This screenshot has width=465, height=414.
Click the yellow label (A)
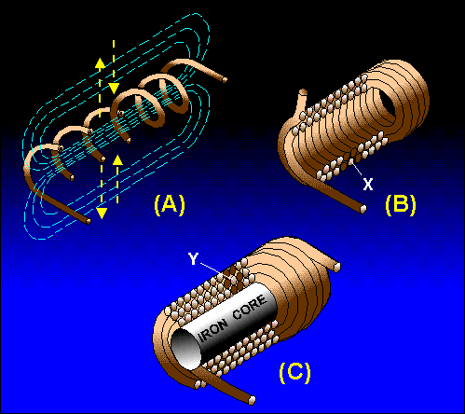coord(170,205)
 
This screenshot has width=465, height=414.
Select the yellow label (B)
coord(401,205)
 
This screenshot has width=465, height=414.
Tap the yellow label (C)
coord(294,372)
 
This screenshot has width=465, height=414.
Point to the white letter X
coord(368,185)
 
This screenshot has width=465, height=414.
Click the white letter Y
coord(193,258)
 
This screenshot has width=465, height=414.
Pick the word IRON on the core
coord(213,330)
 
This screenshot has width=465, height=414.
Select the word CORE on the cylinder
coord(250,308)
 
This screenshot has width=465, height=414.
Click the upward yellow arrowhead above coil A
coord(100,63)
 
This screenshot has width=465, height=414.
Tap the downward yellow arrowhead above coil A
coord(114,89)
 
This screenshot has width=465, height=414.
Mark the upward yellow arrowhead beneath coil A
coord(117,160)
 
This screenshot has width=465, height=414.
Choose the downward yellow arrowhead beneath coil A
coord(102,214)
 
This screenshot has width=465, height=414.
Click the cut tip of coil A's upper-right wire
coord(225,80)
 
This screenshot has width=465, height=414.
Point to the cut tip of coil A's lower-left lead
coord(89,221)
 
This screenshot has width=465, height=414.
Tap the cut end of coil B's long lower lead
coord(362,209)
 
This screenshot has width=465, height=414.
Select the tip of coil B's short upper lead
coord(304,91)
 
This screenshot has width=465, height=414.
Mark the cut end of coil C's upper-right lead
coord(336,267)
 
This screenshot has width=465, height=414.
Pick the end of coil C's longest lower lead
coord(252,400)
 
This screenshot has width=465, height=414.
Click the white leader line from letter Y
coord(216,271)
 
